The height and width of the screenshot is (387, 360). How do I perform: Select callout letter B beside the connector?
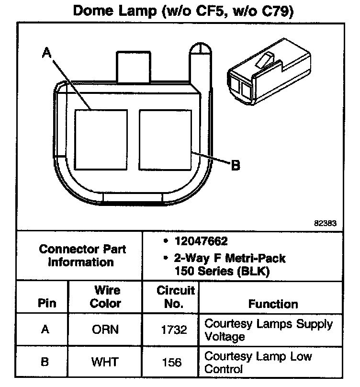point(235,166)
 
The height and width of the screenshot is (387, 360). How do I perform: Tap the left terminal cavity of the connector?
point(101,139)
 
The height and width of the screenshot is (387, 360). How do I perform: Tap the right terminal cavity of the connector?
point(165,139)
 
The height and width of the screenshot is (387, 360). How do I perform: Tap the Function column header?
point(273,304)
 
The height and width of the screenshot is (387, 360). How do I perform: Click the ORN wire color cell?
point(105,330)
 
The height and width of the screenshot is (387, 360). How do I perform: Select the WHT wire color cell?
point(105,362)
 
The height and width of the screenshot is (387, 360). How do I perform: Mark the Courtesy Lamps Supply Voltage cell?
point(268,330)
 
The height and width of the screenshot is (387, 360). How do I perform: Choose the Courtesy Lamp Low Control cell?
point(259,362)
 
